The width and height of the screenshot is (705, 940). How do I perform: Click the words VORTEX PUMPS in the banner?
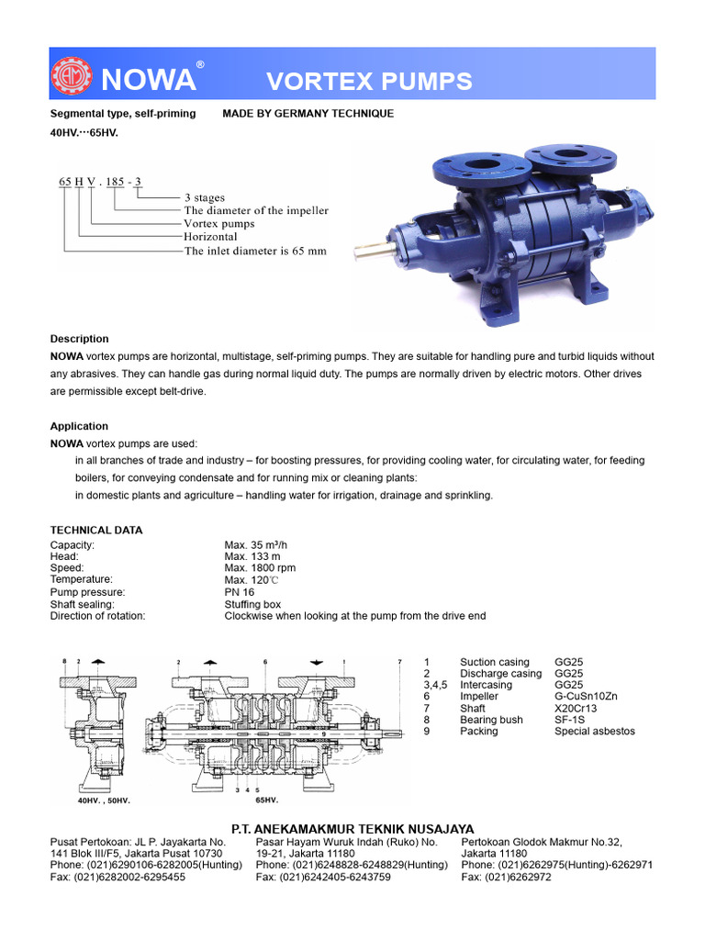pos(369,81)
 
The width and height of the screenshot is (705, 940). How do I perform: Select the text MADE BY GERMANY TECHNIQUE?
pos(308,114)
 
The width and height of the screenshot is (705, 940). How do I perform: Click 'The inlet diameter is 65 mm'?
pos(255,251)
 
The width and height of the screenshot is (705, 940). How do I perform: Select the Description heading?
pos(79,339)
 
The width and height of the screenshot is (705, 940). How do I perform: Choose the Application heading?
pos(79,426)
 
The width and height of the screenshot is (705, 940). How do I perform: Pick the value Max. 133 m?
pos(252,557)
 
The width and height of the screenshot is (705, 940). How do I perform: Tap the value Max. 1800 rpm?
pos(260,568)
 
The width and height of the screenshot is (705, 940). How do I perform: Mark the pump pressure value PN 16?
pos(240,592)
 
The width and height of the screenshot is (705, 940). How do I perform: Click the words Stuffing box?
pos(252,604)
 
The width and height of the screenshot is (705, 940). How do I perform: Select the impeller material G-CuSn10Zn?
pos(587,697)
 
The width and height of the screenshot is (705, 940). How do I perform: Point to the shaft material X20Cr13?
pos(576,709)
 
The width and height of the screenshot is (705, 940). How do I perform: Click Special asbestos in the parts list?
pos(595,732)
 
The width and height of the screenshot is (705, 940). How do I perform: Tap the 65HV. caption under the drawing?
pos(267,800)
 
